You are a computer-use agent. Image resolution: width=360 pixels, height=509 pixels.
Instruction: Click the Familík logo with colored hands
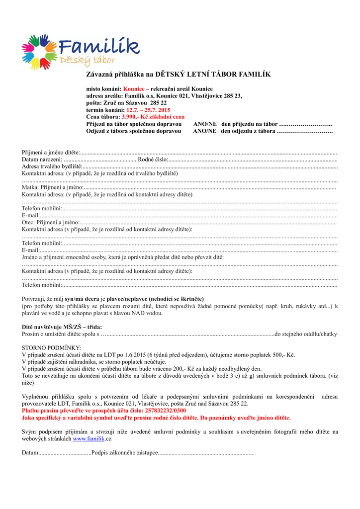click(80, 51)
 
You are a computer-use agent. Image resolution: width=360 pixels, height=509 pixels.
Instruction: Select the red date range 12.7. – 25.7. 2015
click(148, 110)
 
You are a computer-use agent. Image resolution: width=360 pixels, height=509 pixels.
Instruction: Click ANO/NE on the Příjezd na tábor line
click(204, 124)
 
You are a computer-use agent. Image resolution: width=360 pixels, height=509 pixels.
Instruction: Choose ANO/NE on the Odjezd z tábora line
click(204, 131)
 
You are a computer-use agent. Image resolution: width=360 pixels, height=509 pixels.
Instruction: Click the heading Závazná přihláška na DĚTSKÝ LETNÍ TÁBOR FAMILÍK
click(179, 74)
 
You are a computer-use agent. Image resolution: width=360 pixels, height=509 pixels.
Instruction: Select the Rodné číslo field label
click(153, 159)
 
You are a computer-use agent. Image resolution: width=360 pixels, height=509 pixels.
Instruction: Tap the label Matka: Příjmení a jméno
click(52, 187)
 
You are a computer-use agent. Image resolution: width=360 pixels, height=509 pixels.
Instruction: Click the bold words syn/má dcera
click(82, 299)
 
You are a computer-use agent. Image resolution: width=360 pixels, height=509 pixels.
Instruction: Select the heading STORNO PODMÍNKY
click(51, 348)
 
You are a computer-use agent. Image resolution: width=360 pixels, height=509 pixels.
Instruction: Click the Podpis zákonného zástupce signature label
click(124, 453)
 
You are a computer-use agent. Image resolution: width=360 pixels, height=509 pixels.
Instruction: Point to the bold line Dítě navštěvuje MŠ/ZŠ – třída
click(62, 327)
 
